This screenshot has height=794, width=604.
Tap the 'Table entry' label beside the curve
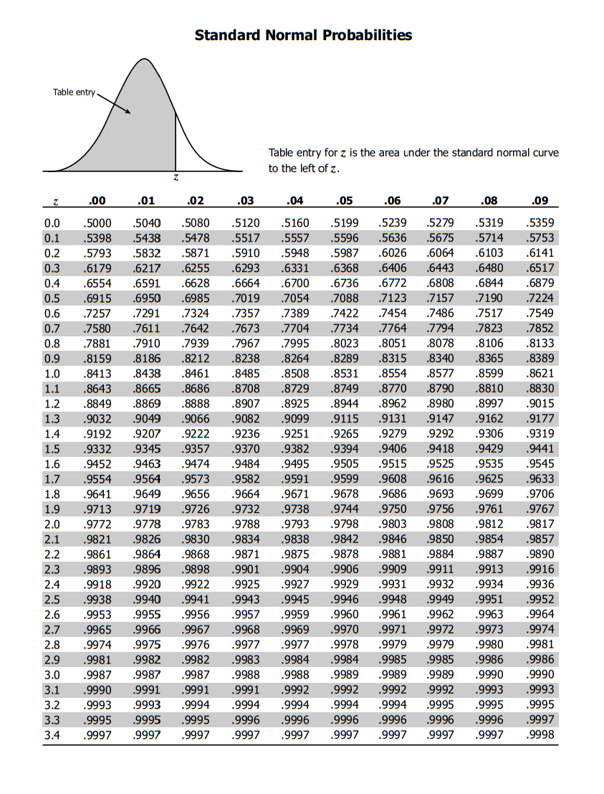[x=74, y=92]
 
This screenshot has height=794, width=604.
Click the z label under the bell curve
[x=176, y=177]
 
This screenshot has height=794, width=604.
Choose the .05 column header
[x=345, y=201]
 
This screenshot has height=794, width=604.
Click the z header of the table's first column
[x=54, y=202]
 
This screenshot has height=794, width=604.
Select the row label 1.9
[x=52, y=509]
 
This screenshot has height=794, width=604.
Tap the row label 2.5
[x=52, y=599]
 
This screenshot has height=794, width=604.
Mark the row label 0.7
[x=52, y=328]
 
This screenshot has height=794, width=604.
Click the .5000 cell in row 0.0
[x=97, y=223]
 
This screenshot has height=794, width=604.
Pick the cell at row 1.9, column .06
[x=393, y=509]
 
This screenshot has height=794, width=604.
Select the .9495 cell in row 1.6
[x=296, y=463]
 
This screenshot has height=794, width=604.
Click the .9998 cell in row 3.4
[x=540, y=734]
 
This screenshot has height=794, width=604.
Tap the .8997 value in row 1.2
[x=490, y=403]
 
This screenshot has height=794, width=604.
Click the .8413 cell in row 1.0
[x=97, y=373]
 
